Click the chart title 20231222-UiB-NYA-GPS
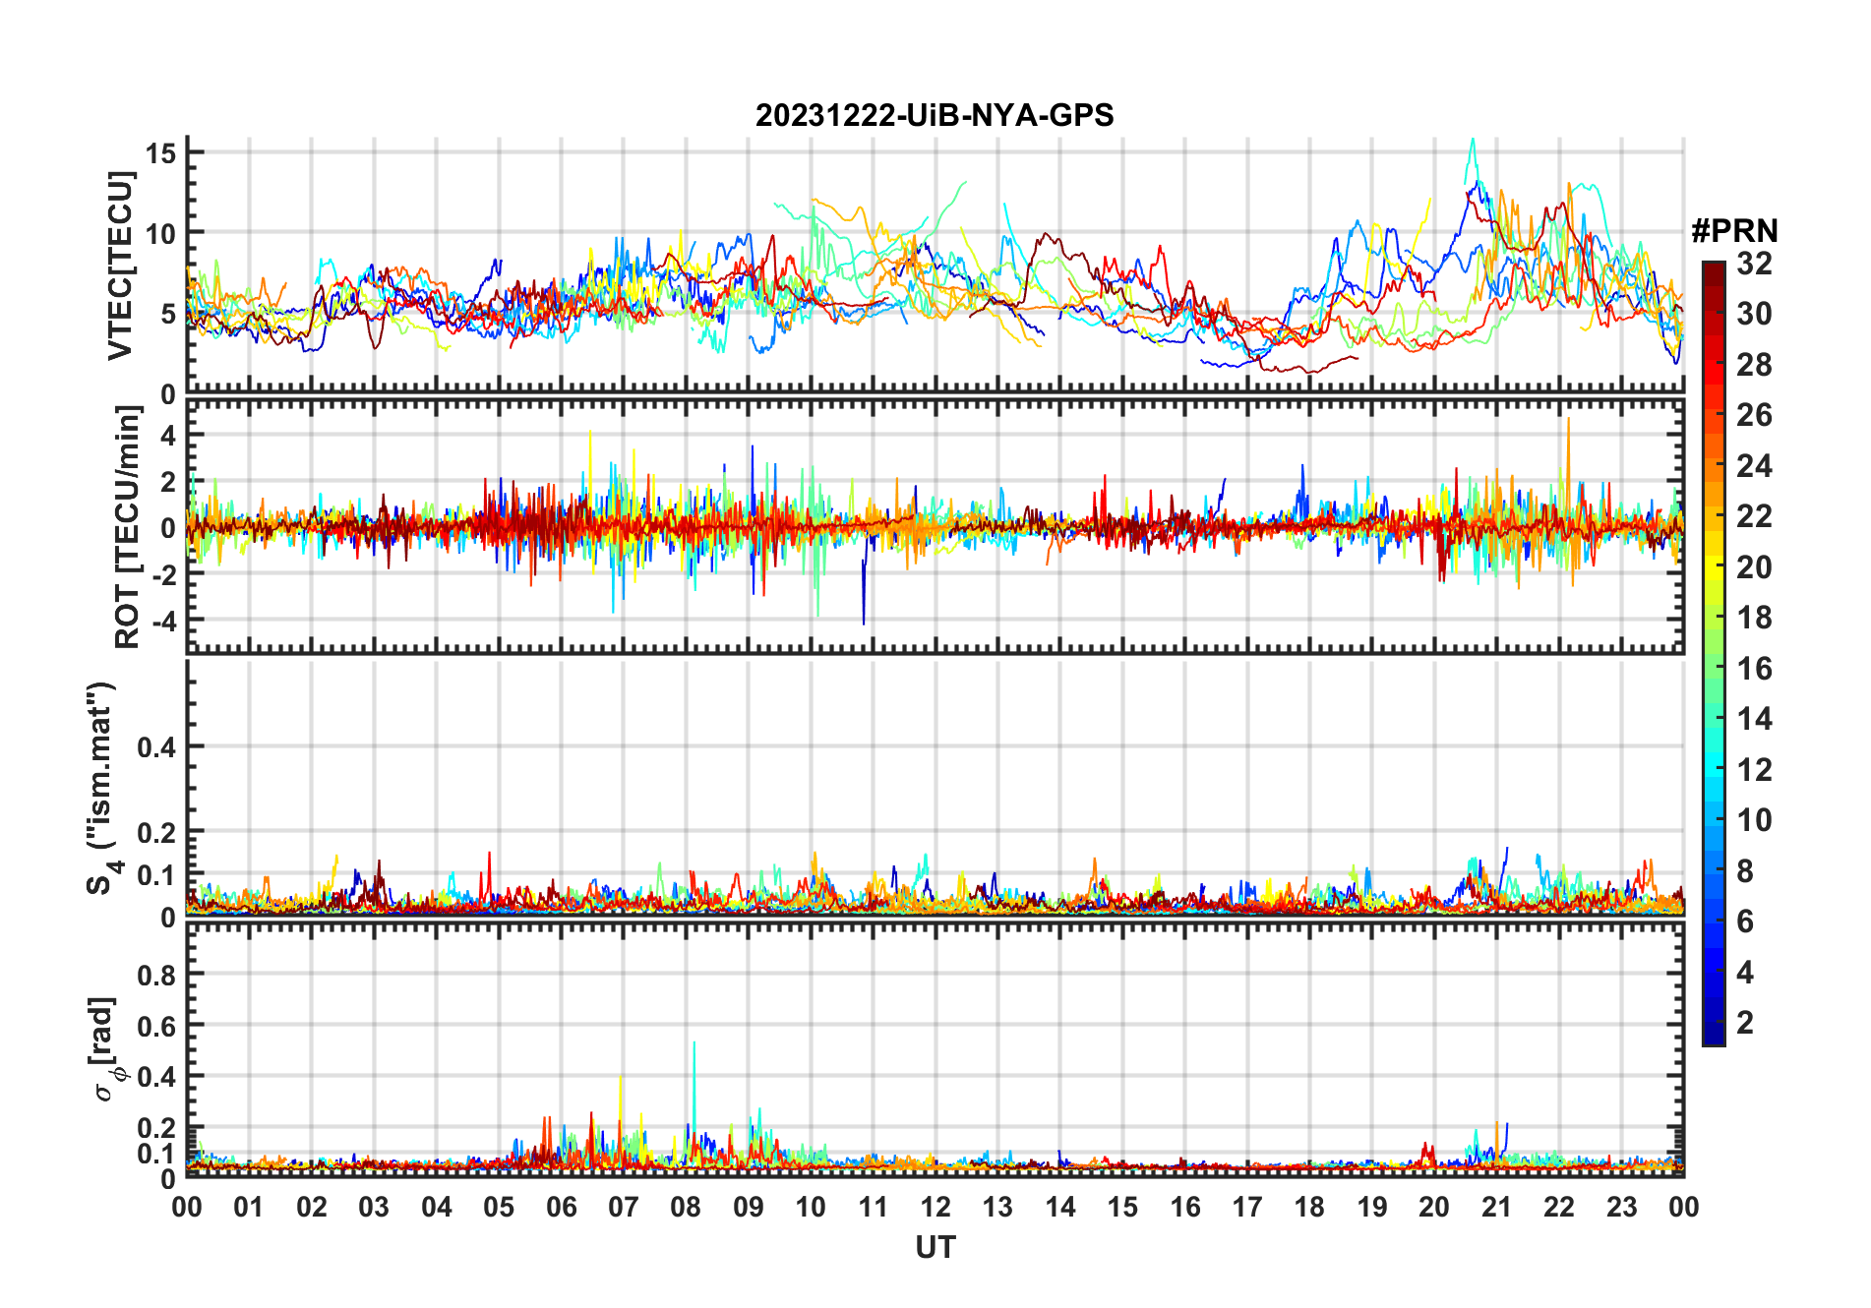point(935,115)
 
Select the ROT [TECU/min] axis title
point(127,527)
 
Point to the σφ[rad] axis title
point(105,1048)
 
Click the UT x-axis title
point(935,1248)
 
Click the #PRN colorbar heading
point(1734,231)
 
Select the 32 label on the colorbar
point(1754,264)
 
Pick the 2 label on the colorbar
point(1745,1023)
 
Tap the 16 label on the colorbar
point(1754,669)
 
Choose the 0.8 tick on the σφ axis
point(156,975)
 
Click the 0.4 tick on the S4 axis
point(156,746)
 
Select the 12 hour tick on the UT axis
point(935,1207)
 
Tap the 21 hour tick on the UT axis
point(1496,1207)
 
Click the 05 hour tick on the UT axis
point(499,1207)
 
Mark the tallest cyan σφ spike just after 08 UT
point(694,1043)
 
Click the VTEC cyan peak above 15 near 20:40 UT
point(1473,141)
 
